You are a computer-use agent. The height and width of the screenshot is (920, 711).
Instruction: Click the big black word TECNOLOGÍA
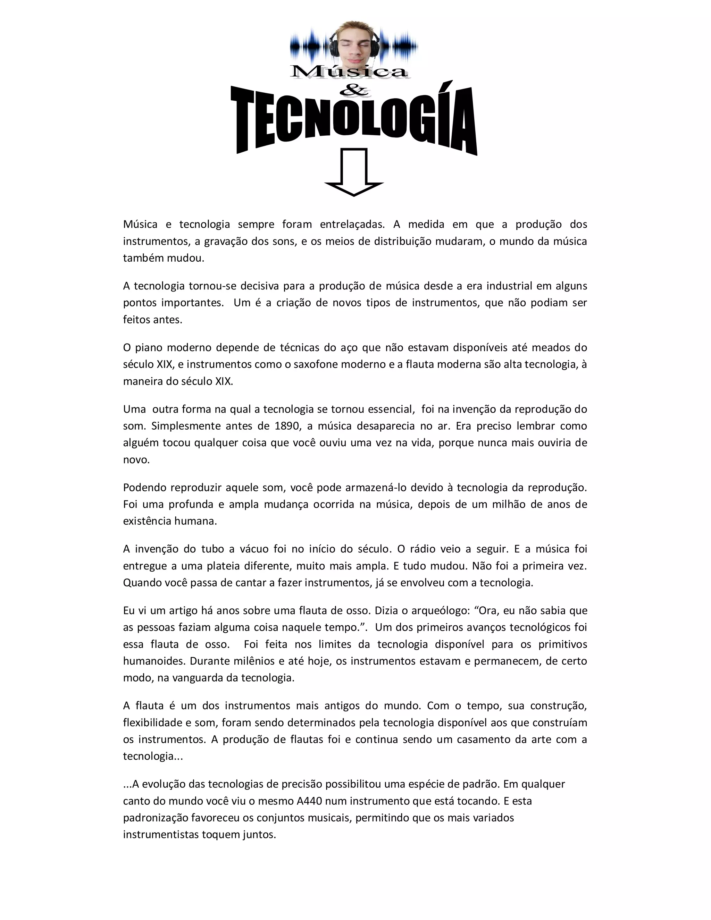(x=354, y=120)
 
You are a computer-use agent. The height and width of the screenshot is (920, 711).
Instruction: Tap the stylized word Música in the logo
(x=349, y=71)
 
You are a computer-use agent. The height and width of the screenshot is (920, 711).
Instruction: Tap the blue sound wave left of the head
(x=310, y=45)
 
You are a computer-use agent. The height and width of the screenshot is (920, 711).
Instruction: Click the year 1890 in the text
(x=288, y=426)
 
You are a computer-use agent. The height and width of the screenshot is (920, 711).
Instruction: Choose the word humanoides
(x=153, y=661)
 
